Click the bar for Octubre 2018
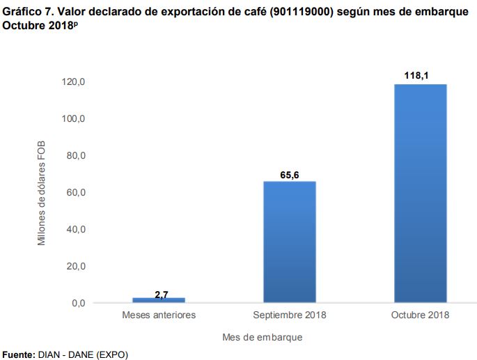tap(420, 194)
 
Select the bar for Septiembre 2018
tap(289, 242)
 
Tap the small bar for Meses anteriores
tap(159, 300)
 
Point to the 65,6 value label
tap(290, 174)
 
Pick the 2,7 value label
tap(161, 295)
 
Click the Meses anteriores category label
tap(159, 315)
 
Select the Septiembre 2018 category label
tap(290, 315)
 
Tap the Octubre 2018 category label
tap(420, 315)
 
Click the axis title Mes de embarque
tap(263, 337)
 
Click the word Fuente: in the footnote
tap(19, 354)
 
